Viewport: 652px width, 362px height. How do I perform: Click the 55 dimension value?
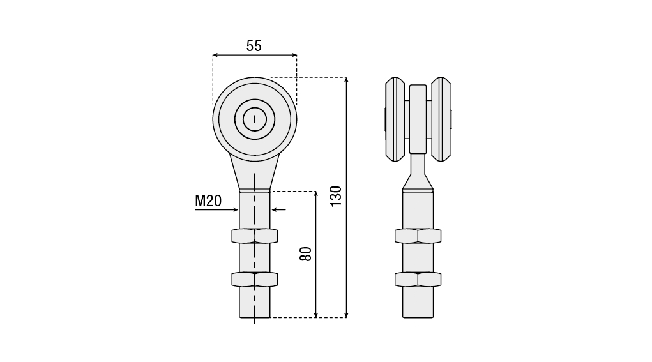254,46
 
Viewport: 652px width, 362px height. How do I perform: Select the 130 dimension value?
335,196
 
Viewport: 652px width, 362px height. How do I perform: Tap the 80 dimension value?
306,254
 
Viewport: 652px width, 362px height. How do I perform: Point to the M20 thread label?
208,201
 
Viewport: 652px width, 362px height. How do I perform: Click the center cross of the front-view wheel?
255,119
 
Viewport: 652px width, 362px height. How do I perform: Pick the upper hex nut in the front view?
255,236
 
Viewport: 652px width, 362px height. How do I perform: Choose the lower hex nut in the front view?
255,279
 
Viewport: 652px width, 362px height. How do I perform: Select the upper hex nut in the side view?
418,236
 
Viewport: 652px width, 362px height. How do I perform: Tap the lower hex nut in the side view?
418,279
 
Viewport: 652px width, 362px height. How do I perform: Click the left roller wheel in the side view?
395,119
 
